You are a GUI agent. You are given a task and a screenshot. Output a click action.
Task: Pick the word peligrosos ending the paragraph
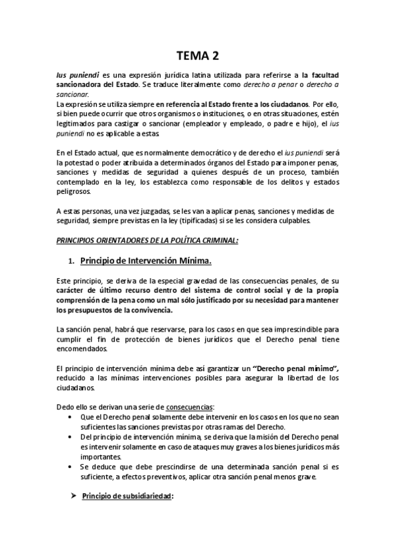(75, 192)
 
